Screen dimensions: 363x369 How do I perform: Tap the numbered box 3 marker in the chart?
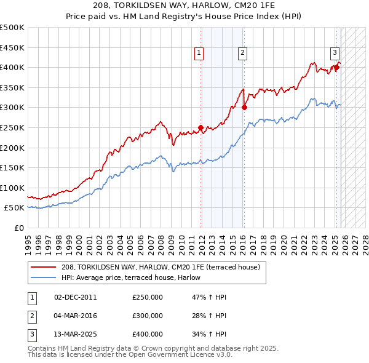pos(335,53)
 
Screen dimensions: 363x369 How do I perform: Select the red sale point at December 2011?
pos(201,128)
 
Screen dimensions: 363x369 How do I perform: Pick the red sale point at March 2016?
pos(244,107)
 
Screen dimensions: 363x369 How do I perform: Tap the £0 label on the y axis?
pos(20,228)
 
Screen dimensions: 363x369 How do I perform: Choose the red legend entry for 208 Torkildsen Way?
pos(164,267)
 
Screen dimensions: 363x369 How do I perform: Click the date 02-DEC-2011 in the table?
pos(75,298)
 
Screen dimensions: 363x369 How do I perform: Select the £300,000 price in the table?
pos(148,316)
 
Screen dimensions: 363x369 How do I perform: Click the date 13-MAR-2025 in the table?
pos(75,335)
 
